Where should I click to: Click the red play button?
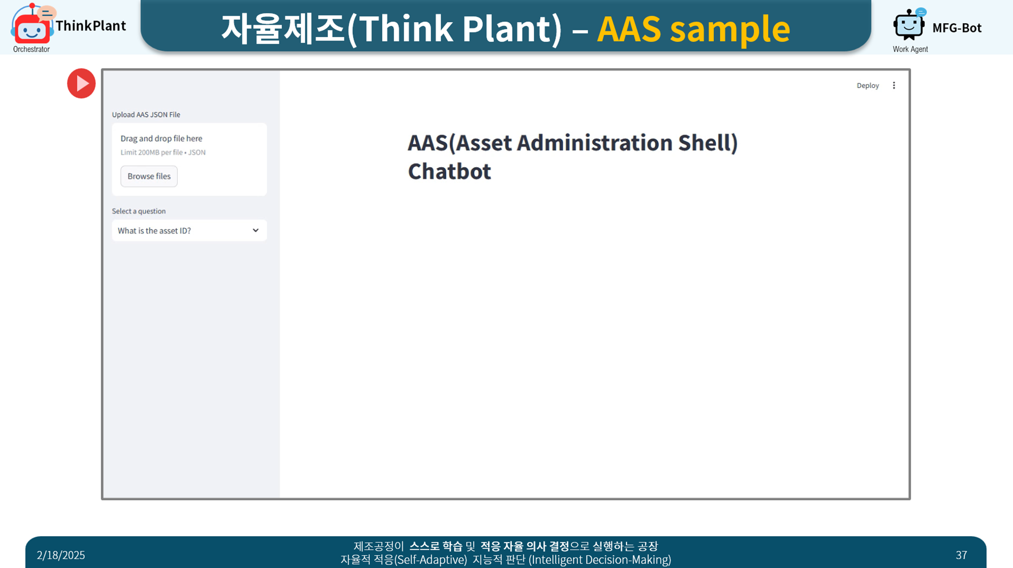pos(81,83)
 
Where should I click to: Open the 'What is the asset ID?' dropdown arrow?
pos(256,231)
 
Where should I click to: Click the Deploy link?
pos(868,86)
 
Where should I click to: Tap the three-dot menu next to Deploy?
pos(894,86)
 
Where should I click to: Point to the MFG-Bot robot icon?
pos(909,24)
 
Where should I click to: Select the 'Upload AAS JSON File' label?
pos(146,115)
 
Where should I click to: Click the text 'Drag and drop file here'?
pos(161,138)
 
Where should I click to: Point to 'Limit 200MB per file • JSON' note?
pos(163,153)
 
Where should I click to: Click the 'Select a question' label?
pos(139,211)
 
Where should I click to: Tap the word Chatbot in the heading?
pos(449,171)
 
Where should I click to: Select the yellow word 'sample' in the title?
pos(730,29)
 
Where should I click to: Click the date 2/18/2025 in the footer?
pos(61,555)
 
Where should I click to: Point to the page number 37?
pos(961,555)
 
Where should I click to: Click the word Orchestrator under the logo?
pos(31,49)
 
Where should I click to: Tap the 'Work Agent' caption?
pos(910,49)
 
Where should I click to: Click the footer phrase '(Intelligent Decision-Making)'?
pos(600,560)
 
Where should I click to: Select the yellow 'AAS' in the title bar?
pos(629,28)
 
